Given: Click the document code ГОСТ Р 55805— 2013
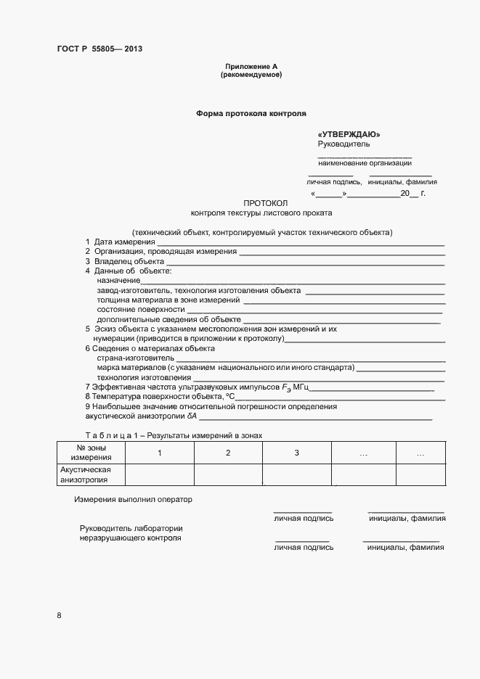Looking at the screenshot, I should [x=105, y=49].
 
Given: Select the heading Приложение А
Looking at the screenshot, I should [x=251, y=67].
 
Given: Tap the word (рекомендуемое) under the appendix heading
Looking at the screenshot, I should [x=251, y=75].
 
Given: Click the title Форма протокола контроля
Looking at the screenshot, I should [x=251, y=114].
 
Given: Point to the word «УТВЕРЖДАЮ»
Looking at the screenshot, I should [x=349, y=135].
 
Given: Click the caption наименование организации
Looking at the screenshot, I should [x=365, y=162].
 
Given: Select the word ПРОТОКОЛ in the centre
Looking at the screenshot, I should [x=266, y=203].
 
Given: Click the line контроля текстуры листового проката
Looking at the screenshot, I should [x=261, y=213].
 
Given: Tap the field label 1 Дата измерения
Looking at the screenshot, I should [x=120, y=242].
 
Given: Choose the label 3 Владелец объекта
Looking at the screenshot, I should [x=125, y=261].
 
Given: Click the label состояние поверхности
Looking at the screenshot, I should [x=141, y=308].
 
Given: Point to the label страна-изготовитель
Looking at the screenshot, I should [x=135, y=358].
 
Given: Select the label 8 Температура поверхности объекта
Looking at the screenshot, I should [x=160, y=397].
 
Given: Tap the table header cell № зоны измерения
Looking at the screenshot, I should [x=91, y=453].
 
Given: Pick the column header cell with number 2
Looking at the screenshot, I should [x=228, y=453].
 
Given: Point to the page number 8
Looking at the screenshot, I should [x=59, y=616].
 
